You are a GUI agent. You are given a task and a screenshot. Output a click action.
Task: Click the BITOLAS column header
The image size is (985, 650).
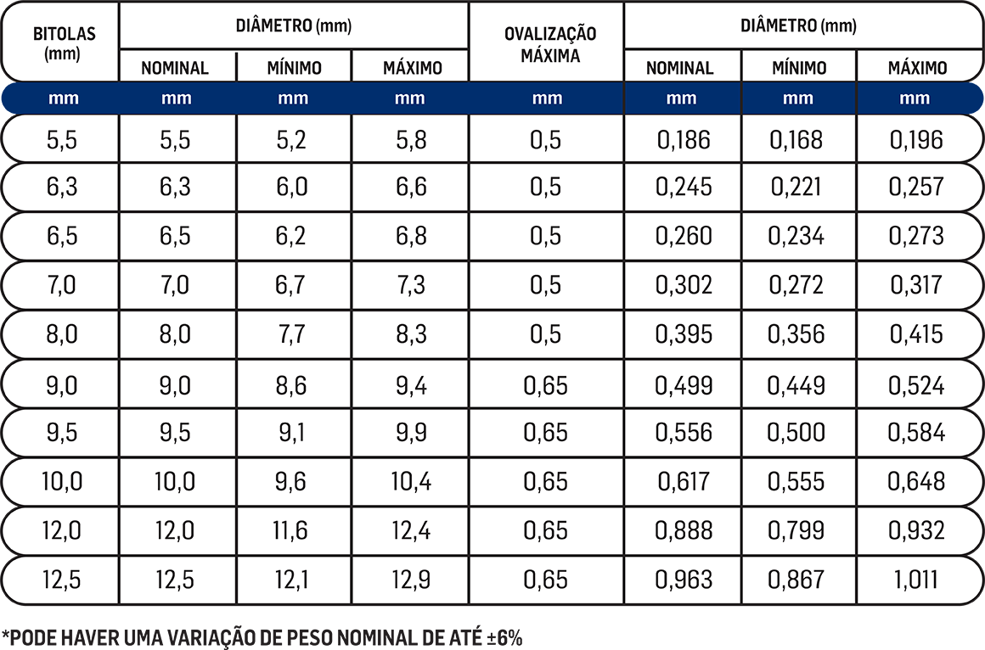tap(64, 42)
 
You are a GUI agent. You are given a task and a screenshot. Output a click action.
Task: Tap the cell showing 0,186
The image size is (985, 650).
tap(683, 139)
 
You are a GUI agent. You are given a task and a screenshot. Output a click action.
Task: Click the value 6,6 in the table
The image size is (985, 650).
tap(411, 187)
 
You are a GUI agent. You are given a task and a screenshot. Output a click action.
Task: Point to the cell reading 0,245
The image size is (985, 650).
tap(683, 187)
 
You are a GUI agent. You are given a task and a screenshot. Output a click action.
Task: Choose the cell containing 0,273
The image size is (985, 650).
tap(916, 236)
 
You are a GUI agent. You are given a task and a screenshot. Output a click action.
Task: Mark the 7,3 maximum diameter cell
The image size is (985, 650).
tap(411, 285)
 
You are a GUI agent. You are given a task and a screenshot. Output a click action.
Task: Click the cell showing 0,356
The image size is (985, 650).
tap(796, 333)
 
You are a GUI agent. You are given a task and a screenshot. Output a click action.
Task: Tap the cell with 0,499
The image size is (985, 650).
tap(683, 385)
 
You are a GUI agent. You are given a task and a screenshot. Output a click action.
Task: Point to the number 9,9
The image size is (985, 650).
tap(411, 433)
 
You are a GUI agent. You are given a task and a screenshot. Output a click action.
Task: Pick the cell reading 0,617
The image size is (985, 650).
tap(683, 482)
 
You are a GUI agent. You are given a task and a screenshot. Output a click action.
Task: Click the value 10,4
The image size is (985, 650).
tap(411, 482)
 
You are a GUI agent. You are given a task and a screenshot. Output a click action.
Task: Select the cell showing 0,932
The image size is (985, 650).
tap(916, 531)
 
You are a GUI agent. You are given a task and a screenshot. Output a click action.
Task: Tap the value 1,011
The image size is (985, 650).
tap(916, 580)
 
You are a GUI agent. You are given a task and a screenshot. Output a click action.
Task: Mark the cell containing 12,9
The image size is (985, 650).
tap(411, 580)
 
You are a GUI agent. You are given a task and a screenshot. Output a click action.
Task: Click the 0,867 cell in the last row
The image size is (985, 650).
tap(796, 580)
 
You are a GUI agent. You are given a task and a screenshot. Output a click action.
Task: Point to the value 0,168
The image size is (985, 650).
tap(796, 139)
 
